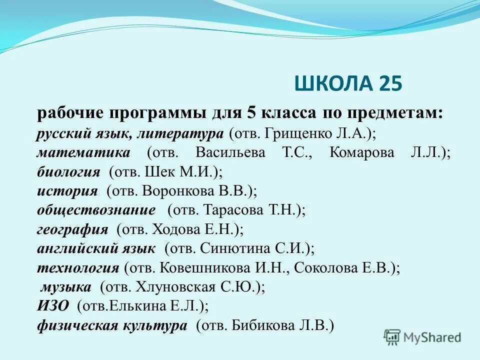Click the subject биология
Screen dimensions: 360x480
(68, 172)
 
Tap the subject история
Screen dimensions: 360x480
(67, 191)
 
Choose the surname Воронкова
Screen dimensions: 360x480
(175, 191)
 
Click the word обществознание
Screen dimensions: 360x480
(96, 210)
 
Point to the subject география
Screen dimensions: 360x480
(72, 229)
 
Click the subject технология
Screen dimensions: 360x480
(78, 268)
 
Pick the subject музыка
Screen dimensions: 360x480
(66, 287)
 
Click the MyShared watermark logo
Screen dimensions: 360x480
(422, 337)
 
